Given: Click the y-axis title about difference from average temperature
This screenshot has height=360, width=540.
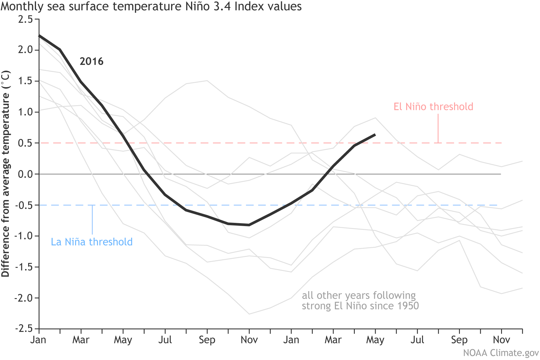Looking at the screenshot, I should [x=6, y=174].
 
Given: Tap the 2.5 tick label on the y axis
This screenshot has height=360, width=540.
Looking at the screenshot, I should [x=25, y=19].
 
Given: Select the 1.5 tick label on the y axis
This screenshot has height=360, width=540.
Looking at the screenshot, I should [x=25, y=81].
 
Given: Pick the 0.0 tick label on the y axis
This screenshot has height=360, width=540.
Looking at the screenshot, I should [x=25, y=174].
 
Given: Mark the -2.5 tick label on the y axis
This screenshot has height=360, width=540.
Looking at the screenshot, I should [x=24, y=329].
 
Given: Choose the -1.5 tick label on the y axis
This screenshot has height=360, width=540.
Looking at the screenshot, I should [x=24, y=267].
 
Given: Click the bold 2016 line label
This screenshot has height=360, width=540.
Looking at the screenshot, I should [x=91, y=62].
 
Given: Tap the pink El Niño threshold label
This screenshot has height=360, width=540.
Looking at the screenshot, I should [x=433, y=107].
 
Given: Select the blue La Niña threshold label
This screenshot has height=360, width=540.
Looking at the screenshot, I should [x=92, y=242].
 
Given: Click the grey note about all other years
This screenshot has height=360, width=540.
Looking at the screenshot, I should [x=360, y=300].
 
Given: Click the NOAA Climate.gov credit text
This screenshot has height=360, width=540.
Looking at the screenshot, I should [x=501, y=353].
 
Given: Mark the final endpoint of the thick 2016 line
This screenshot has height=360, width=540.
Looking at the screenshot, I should [x=375, y=135].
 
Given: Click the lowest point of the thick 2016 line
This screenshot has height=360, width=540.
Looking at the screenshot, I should [x=249, y=225].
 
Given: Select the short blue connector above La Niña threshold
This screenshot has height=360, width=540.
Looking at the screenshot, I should [x=92, y=220].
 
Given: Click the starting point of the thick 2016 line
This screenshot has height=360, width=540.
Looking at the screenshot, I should [x=39, y=35].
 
